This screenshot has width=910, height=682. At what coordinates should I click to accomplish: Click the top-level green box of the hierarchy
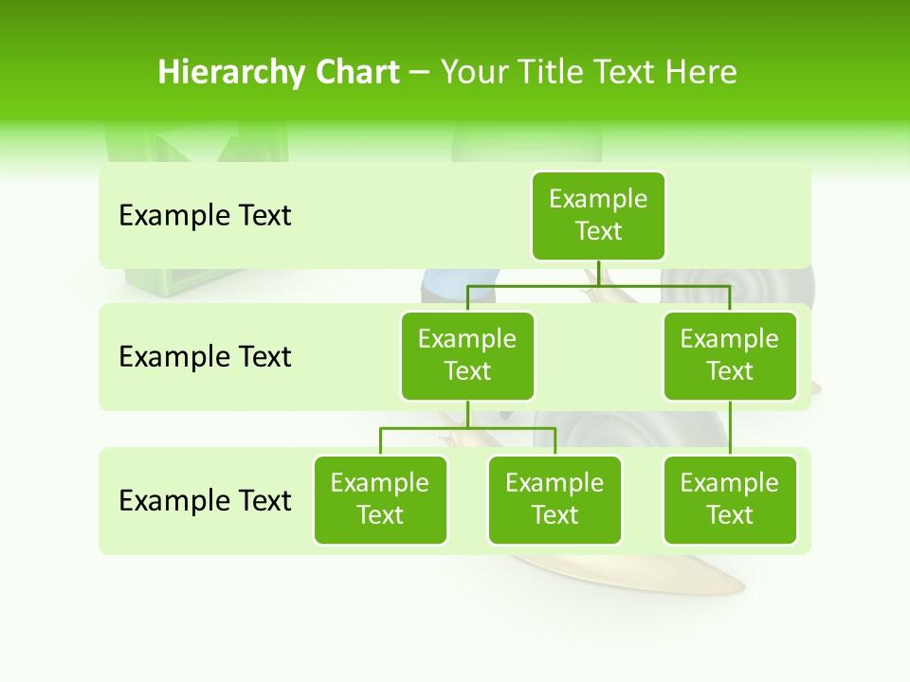click(598, 216)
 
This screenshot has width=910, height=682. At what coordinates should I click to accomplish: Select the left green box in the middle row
click(467, 355)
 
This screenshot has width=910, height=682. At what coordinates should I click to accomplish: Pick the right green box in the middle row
click(730, 355)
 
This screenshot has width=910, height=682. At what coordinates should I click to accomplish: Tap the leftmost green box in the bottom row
click(380, 499)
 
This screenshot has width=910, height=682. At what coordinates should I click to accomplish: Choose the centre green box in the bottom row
click(555, 499)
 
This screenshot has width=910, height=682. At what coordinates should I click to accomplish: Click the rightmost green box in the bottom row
click(730, 499)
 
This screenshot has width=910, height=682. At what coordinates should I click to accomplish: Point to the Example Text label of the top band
click(205, 216)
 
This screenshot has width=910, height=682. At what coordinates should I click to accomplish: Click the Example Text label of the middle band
click(205, 357)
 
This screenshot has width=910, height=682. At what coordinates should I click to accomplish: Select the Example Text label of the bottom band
click(205, 500)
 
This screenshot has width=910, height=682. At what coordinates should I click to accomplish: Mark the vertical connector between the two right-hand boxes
click(730, 428)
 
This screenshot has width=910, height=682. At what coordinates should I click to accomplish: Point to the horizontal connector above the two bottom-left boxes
click(467, 428)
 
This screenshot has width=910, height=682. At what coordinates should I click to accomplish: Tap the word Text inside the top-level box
click(598, 232)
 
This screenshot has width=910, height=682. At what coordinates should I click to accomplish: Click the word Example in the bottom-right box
click(730, 483)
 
